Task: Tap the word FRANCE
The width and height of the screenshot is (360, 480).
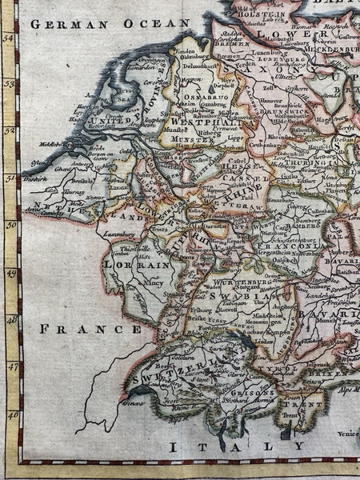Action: click(90, 328)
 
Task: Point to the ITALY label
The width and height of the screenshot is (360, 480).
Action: click(232, 446)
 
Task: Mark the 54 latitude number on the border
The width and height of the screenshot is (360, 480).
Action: click(10, 37)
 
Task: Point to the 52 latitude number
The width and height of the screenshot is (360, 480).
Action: click(10, 130)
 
